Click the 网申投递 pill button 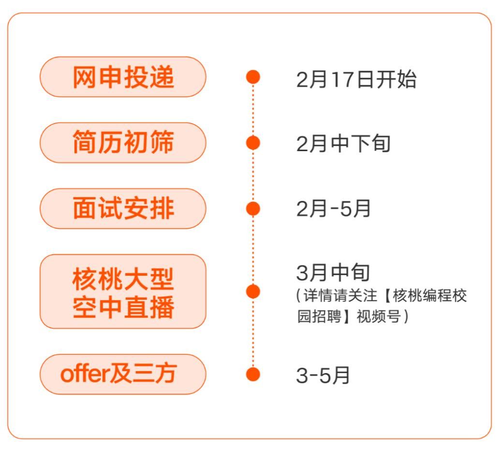click(x=123, y=77)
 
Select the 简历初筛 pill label click(x=123, y=143)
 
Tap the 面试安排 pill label click(x=123, y=209)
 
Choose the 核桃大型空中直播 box click(x=123, y=292)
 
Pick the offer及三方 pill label click(x=123, y=374)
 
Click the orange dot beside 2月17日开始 click(x=253, y=77)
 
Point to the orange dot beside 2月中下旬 click(x=253, y=143)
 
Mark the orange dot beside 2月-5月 click(x=253, y=209)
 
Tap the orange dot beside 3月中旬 click(x=253, y=292)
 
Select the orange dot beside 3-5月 click(x=253, y=374)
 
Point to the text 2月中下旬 click(x=343, y=143)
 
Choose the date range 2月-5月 click(x=333, y=209)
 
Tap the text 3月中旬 click(x=333, y=273)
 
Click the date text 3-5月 click(x=323, y=376)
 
